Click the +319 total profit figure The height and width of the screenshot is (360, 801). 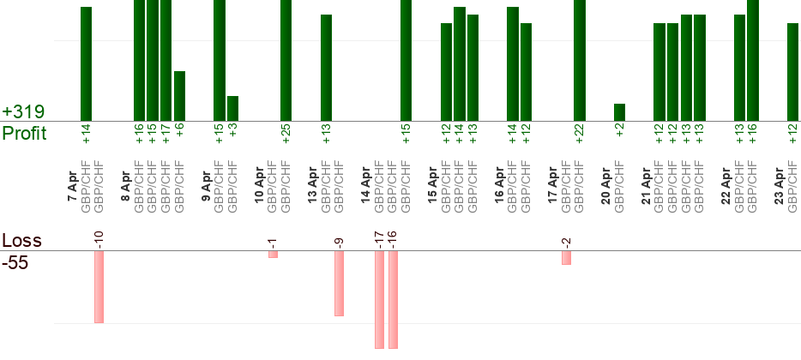coord(23,112)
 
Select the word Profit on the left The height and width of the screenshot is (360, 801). coord(25,134)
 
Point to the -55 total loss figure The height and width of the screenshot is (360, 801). coord(15,263)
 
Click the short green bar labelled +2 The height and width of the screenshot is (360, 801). coord(619,112)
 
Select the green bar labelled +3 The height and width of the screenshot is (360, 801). coord(232,108)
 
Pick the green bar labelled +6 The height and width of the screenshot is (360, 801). coord(179,96)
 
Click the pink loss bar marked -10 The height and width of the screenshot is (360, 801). coord(99,286)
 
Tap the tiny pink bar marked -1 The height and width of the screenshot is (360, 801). coord(273,254)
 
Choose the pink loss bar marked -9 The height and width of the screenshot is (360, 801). coord(340,283)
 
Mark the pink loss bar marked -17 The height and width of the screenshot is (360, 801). coord(379,299)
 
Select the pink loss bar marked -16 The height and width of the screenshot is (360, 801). coord(393,299)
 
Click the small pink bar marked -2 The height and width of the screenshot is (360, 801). coord(566,257)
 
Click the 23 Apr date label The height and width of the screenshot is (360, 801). coord(780,187)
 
